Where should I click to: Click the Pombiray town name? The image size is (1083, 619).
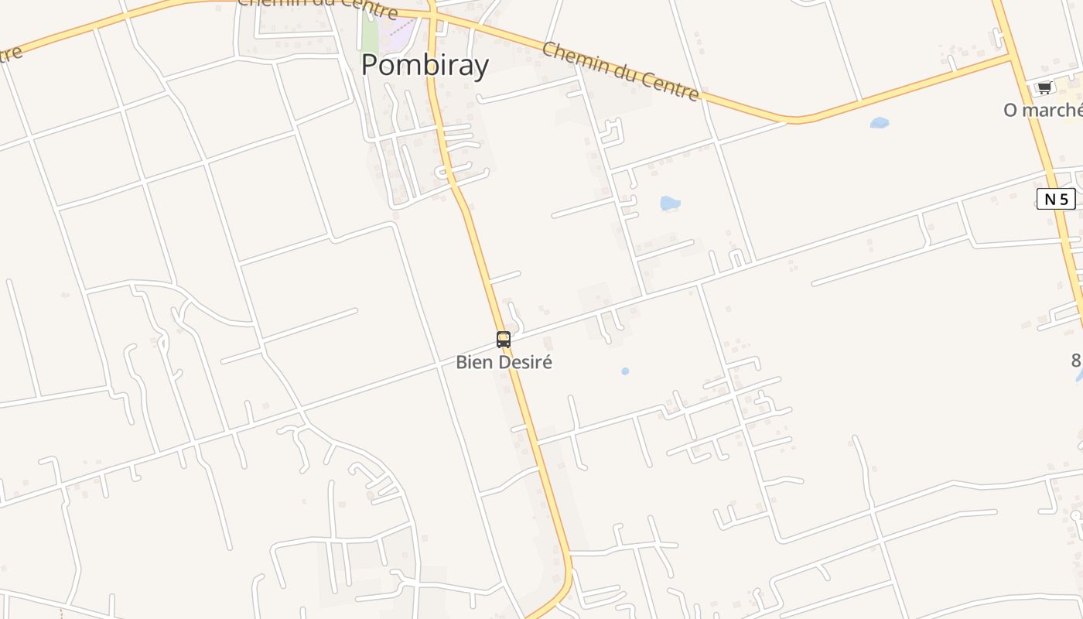425,65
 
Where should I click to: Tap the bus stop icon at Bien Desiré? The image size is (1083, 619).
504,339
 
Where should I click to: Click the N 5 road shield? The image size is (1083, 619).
1056,199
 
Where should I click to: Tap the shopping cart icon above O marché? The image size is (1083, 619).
1044,87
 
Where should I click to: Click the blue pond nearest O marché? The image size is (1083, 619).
879,122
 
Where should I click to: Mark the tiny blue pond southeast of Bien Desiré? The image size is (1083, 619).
625,371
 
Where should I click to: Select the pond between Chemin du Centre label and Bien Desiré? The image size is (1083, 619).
669,203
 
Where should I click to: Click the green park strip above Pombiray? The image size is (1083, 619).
370,35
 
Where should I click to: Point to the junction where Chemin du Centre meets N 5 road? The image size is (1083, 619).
1012,56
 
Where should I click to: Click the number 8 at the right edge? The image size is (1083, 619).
1076,360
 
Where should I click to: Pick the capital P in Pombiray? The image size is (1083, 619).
370,65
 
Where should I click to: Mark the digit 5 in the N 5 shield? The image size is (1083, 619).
1064,199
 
